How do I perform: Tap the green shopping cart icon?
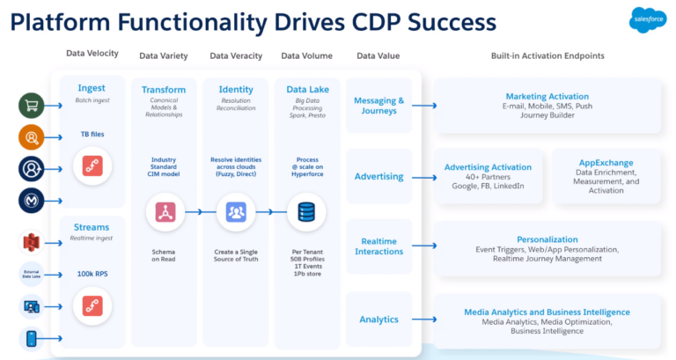[32, 105]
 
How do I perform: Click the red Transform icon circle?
[164, 212]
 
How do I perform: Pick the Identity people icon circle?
[235, 212]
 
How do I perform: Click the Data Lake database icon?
[306, 212]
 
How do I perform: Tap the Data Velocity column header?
[92, 55]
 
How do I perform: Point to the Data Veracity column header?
[236, 56]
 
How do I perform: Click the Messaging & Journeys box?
[379, 106]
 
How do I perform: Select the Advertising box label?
[378, 177]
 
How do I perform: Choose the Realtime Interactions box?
[379, 246]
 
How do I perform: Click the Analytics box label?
[378, 320]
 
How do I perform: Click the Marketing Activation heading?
[547, 96]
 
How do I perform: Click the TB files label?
[92, 136]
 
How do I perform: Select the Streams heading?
[92, 226]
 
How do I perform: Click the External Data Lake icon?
[32, 274]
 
